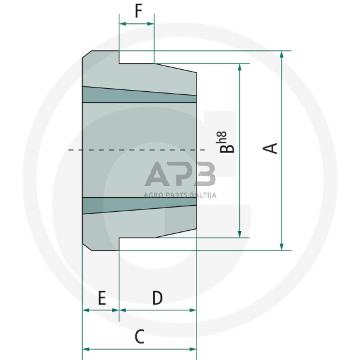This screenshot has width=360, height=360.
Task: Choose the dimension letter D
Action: pyautogui.click(x=157, y=298)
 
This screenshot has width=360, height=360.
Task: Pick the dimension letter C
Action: pyautogui.click(x=139, y=336)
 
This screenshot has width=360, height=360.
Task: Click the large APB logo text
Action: pyautogui.click(x=180, y=175)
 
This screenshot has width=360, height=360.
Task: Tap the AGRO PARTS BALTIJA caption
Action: pyautogui.click(x=180, y=196)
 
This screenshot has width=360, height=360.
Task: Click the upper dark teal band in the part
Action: pyautogui.click(x=140, y=94)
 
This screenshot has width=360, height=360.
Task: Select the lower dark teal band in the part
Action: pyautogui.click(x=140, y=205)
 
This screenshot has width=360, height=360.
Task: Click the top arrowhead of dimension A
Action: pyautogui.click(x=282, y=55)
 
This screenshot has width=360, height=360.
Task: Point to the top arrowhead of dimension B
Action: pyautogui.click(x=239, y=67)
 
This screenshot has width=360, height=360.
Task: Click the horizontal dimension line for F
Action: pyautogui.click(x=137, y=24)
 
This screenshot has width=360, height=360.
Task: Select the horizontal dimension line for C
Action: pyautogui.click(x=139, y=349)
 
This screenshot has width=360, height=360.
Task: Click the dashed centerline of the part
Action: pyautogui.click(x=135, y=150)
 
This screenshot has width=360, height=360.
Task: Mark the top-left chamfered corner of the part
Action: pyautogui.click(x=87, y=55)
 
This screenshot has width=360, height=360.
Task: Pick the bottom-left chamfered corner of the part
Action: pyautogui.click(x=87, y=246)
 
